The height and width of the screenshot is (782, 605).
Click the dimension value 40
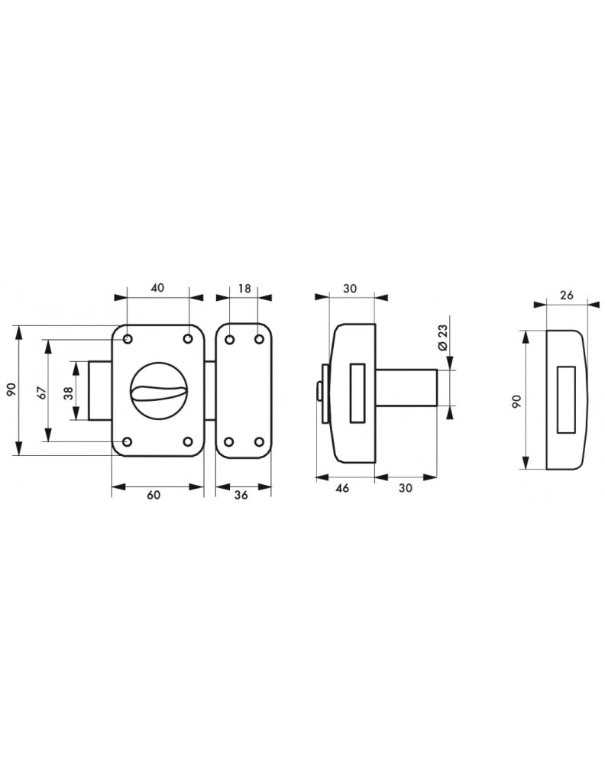click(x=157, y=288)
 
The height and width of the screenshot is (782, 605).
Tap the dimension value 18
click(x=244, y=289)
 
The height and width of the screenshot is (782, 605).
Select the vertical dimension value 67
click(x=42, y=392)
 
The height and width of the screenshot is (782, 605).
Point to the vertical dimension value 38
click(x=69, y=393)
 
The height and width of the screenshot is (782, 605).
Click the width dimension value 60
click(x=154, y=495)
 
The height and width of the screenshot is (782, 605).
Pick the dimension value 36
click(x=241, y=495)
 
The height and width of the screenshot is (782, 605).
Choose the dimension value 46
click(x=342, y=488)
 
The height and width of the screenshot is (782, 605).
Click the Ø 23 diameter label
click(x=442, y=338)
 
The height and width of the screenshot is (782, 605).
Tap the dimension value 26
click(x=566, y=295)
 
